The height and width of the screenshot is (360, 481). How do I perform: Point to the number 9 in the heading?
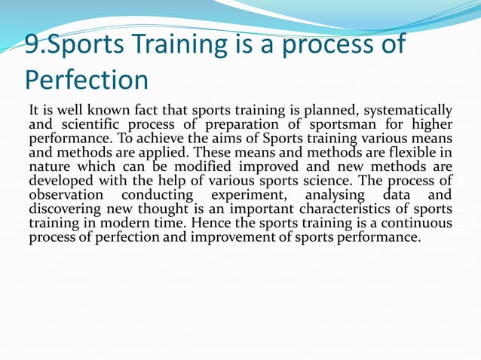32,44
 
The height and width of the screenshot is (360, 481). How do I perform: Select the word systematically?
410,111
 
